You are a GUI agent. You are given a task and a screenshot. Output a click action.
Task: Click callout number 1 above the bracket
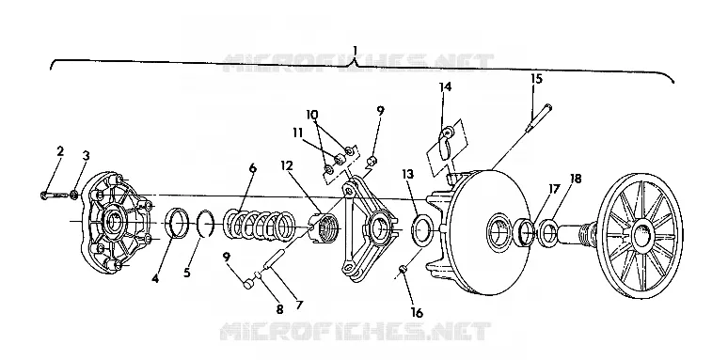click(x=356, y=50)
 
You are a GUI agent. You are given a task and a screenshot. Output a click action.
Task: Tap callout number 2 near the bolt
click(x=60, y=151)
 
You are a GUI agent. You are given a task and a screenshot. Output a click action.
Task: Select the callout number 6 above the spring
click(x=253, y=168)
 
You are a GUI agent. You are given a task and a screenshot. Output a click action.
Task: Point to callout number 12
click(x=288, y=165)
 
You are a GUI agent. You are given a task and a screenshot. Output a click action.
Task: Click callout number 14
click(x=445, y=86)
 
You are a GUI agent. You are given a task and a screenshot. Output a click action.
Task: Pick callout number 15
click(x=536, y=78)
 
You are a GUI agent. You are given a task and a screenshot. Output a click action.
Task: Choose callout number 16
click(x=417, y=313)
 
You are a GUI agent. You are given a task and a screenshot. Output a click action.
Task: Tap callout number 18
click(x=576, y=179)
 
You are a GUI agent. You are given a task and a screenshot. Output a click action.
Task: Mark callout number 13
click(x=408, y=174)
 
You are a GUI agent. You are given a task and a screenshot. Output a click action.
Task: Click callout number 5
click(x=186, y=273)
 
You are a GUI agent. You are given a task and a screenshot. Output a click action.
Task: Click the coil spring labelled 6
click(x=260, y=225)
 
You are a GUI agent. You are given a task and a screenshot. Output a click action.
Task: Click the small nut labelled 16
click(x=404, y=269)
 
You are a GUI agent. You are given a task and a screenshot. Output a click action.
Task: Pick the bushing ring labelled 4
click(x=178, y=223)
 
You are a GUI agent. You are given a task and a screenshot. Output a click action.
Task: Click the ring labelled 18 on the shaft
click(x=548, y=233)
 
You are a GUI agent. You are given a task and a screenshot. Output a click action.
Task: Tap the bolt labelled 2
click(x=55, y=195)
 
